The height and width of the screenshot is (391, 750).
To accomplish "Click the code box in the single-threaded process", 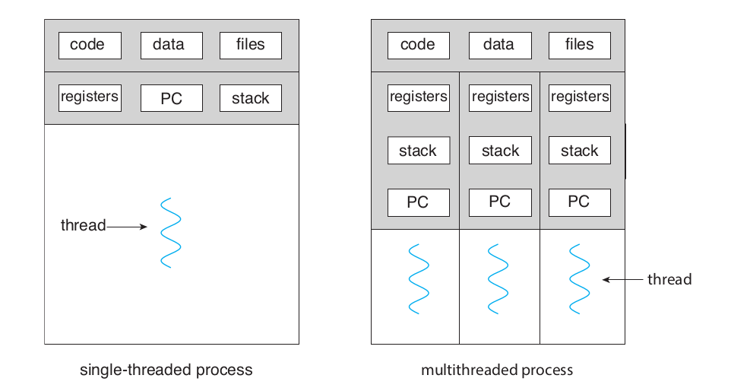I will pos(90,46).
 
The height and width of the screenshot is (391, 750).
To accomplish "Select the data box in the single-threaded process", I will pos(171,46).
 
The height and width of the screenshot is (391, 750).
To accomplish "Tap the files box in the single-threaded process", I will pos(250,46).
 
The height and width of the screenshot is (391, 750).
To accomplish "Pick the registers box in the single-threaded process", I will pos(90,98).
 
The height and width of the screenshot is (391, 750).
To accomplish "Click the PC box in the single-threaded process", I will pos(171,99).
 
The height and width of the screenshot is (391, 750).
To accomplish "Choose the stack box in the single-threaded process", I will pos(250,99).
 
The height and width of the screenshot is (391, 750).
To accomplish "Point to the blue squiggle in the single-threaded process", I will pos(170,233).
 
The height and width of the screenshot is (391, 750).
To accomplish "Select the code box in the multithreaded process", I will pos(418,46).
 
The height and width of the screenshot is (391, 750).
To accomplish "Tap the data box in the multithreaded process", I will pos(499,46).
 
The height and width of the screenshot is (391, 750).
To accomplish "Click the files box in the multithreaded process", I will pos(579,46).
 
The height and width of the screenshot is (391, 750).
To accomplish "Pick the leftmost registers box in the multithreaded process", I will pos(419,97).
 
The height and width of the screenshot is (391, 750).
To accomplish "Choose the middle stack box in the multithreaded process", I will pos(499,151).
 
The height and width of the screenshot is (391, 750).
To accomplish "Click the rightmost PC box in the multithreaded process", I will pos(579,202).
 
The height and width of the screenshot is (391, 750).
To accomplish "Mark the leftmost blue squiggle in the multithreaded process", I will pos(419,278).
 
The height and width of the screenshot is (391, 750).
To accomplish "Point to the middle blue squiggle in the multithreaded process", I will pos(498,278).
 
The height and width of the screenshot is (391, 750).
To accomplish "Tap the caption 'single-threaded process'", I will pos(166,371).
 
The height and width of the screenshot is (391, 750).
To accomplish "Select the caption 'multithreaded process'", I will pos(497,371).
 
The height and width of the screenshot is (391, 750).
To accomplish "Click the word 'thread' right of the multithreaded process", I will pos(669,280).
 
